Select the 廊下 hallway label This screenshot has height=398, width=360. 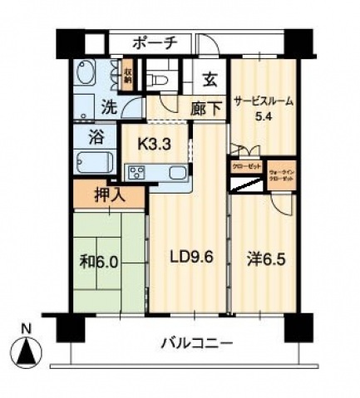[205, 107]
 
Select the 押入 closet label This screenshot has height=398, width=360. [109, 196]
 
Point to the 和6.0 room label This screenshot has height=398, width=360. [100, 260]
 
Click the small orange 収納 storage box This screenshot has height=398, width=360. [129, 76]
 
